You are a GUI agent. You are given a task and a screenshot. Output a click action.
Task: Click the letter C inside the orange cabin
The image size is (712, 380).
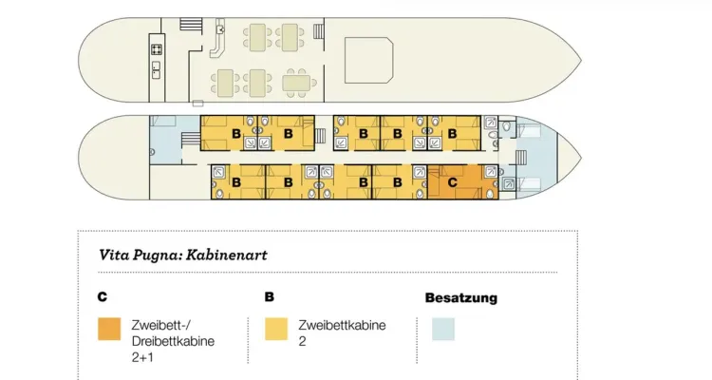[x=452, y=182]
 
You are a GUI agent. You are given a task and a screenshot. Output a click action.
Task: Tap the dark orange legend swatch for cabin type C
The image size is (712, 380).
[x=109, y=329]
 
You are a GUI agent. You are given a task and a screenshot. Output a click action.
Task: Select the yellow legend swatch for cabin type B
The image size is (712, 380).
[x=276, y=329]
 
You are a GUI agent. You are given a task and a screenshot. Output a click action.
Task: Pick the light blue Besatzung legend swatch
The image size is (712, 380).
[x=443, y=329]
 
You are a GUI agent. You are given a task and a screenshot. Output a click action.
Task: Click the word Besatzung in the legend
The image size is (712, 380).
[x=461, y=298]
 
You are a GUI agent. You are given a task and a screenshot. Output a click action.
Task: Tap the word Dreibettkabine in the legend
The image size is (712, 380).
[x=173, y=341]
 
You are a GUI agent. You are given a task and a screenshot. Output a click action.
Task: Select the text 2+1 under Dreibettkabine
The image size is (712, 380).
[x=142, y=357]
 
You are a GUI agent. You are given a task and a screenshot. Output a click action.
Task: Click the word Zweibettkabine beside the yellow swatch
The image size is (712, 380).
[x=342, y=326]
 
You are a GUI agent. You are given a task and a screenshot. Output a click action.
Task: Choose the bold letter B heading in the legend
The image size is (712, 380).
[x=270, y=296]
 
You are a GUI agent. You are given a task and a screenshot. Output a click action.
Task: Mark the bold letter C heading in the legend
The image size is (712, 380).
[x=103, y=296]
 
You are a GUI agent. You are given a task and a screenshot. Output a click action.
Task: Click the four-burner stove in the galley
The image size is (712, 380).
[x=157, y=49]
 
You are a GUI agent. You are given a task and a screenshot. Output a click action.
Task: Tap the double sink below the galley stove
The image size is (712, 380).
[x=156, y=69]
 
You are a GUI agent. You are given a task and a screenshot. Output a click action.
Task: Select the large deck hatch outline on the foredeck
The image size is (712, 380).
[x=368, y=61]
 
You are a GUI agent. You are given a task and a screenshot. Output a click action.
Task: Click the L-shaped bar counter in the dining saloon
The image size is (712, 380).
[x=218, y=39]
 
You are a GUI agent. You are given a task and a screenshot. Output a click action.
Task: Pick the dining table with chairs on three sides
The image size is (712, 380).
[x=297, y=84]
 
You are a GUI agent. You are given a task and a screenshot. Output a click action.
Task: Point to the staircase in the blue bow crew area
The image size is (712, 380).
[x=521, y=159]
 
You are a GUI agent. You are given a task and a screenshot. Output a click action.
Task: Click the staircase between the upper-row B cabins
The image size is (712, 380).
[x=320, y=136]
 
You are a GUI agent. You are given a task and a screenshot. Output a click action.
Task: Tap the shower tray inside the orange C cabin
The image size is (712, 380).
[x=491, y=172]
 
